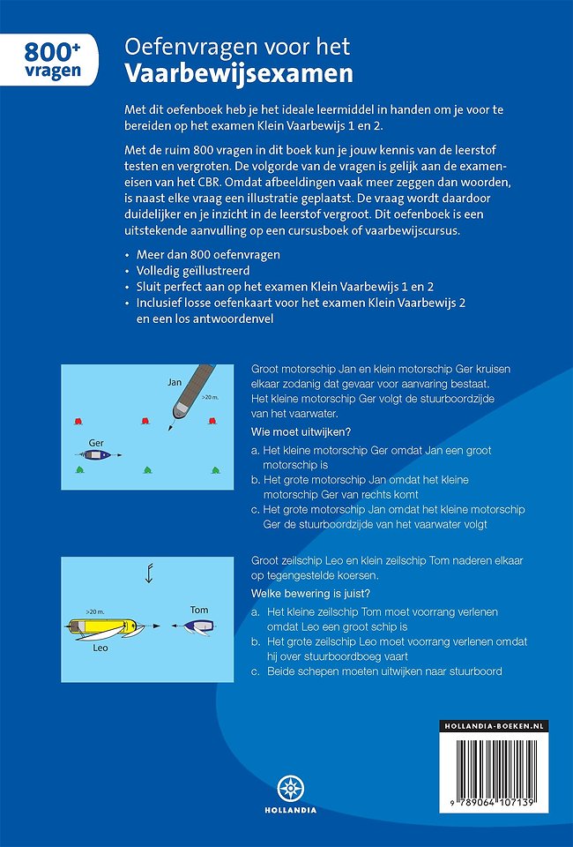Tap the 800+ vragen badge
(x=49, y=60)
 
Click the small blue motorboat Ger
(x=95, y=455)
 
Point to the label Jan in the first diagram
(x=175, y=381)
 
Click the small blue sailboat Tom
(x=198, y=626)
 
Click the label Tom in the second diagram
(x=199, y=610)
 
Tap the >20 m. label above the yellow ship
(x=96, y=611)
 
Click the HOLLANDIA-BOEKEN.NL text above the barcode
(x=494, y=725)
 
